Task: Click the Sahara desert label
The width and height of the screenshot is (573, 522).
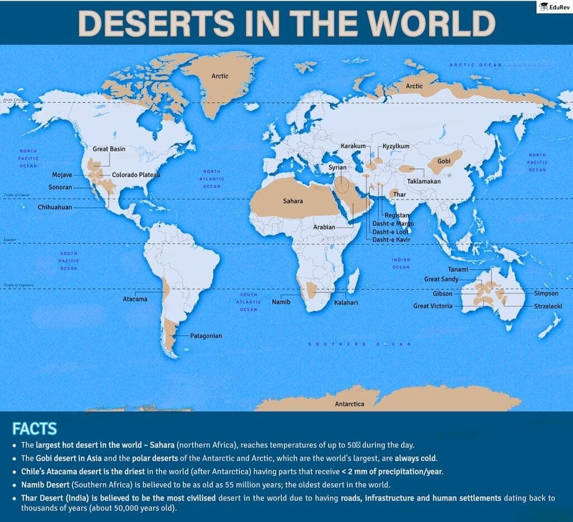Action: (293, 200)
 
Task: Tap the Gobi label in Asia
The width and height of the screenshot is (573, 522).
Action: (444, 161)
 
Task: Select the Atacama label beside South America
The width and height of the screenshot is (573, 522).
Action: (135, 299)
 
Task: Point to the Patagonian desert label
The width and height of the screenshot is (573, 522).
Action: (205, 336)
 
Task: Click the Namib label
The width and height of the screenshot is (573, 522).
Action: (281, 302)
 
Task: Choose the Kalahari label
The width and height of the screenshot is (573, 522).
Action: (346, 302)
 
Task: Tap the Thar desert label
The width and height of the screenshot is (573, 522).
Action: (400, 194)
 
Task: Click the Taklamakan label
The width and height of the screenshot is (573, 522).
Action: (424, 181)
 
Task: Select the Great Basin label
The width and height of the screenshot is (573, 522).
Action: (109, 149)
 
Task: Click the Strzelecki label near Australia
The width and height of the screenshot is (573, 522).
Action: (548, 306)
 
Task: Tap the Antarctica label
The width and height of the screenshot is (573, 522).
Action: (349, 403)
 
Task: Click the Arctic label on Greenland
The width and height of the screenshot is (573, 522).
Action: (220, 76)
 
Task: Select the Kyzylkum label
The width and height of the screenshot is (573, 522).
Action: (396, 146)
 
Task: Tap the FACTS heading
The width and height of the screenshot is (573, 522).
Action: (34, 429)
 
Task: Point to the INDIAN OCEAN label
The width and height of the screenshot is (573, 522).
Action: (401, 264)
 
